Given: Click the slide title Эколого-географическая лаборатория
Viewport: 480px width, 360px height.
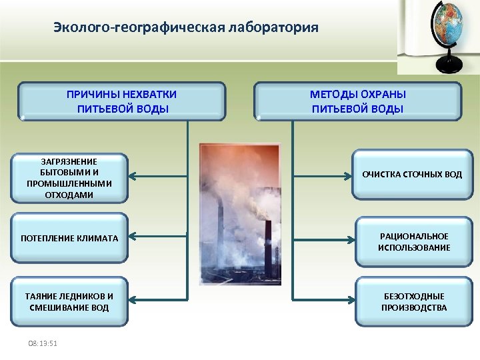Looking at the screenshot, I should click(186, 28).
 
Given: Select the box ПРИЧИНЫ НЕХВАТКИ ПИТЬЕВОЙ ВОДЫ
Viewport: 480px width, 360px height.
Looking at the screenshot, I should click(122, 101).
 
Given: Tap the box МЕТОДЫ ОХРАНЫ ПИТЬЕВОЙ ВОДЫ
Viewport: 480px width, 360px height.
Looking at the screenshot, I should click(358, 101).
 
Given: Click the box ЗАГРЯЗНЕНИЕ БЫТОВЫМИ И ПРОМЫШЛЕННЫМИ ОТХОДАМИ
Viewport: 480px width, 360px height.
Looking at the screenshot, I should click(69, 178).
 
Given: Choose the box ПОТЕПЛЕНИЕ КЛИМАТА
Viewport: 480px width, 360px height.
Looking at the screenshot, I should click(69, 237).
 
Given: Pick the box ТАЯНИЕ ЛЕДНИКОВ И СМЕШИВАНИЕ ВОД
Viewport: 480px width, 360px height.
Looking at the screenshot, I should click(69, 301).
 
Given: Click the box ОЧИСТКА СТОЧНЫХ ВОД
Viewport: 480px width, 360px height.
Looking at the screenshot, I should click(411, 175).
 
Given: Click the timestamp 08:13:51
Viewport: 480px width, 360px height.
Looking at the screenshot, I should click(42, 343).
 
